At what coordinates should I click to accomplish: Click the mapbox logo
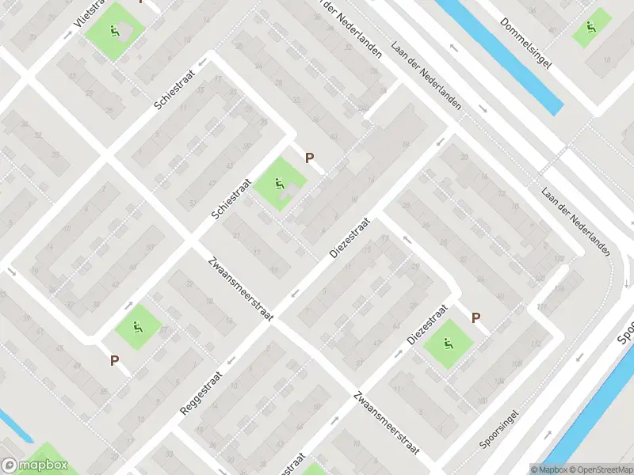33,466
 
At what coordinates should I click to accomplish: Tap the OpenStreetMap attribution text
601,469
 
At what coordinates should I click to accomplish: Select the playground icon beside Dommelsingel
590,28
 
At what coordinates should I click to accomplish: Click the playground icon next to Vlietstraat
115,31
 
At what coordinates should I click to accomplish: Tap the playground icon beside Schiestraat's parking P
279,184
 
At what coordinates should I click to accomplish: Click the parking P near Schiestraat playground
309,158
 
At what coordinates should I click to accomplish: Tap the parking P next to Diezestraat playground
475,317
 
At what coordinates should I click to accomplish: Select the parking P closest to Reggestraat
115,360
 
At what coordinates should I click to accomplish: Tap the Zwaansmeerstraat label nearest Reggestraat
241,287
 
